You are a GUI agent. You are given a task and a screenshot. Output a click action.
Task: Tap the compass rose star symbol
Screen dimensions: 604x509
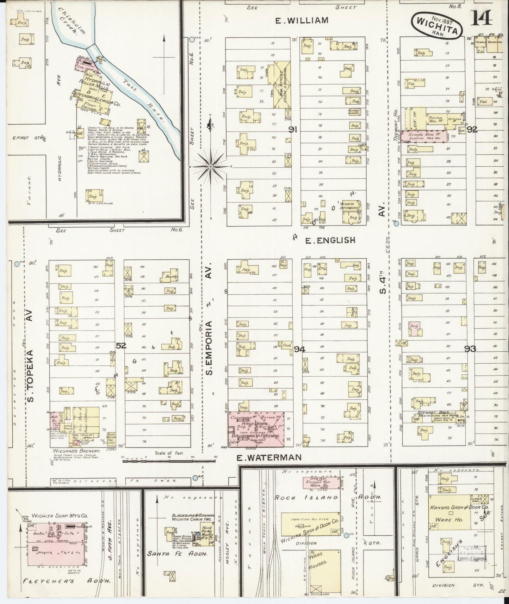coord(210,166)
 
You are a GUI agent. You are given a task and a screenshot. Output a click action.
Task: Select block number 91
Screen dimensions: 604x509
coord(292,130)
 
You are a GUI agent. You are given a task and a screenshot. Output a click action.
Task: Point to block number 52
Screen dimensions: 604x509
coord(121,346)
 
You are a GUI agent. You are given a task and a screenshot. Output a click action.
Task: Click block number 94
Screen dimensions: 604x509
coord(299,349)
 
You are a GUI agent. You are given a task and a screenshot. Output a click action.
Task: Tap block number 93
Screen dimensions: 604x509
coord(470,349)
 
